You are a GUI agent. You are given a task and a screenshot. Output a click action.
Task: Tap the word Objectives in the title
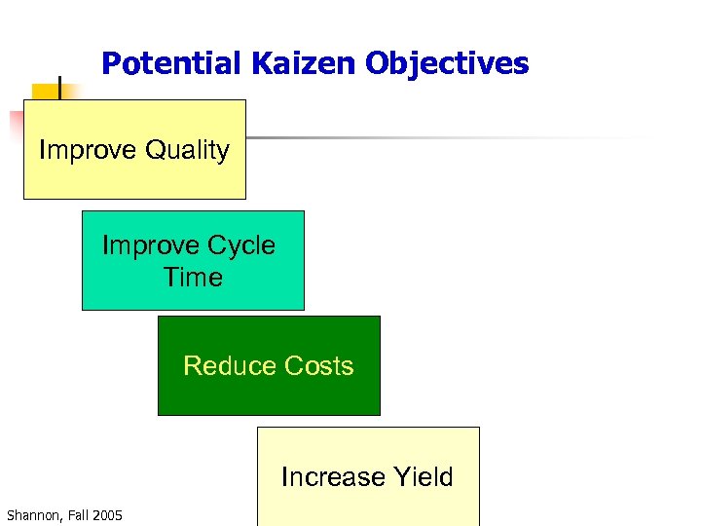(447, 64)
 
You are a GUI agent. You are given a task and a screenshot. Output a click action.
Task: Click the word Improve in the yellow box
(88, 150)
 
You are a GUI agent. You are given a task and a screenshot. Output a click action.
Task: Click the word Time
(193, 278)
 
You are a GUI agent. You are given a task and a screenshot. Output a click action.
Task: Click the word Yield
(424, 477)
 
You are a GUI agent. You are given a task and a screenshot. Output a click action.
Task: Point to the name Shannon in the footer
(33, 514)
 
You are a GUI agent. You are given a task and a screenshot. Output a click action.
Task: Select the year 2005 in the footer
(107, 514)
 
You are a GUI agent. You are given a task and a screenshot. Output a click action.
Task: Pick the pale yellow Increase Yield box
(368, 448)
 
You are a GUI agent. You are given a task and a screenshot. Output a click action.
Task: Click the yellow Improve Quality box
(134, 180)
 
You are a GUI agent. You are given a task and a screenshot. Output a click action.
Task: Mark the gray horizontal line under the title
(438, 138)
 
